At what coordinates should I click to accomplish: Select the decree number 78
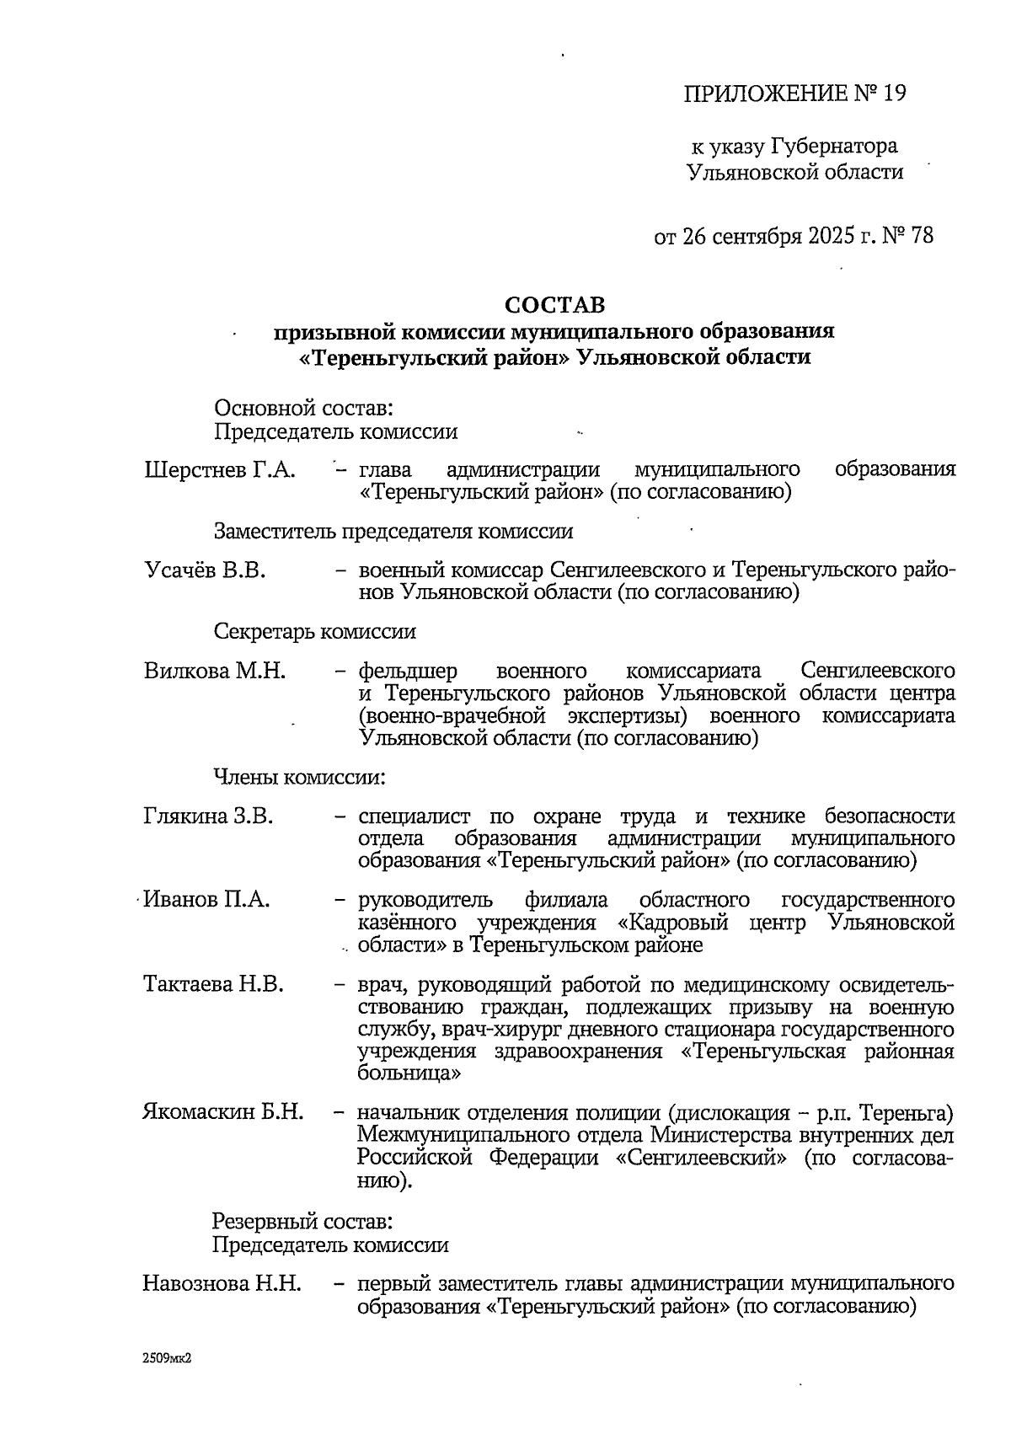point(922,235)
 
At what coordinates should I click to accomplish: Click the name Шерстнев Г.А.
point(220,469)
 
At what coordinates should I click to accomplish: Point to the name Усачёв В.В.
point(205,570)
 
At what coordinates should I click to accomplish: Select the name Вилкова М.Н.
point(215,672)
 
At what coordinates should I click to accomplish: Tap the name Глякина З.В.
point(208,816)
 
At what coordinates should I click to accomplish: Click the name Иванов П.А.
point(207,900)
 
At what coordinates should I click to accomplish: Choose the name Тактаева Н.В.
point(213,984)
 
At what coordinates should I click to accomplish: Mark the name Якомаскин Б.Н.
point(222,1112)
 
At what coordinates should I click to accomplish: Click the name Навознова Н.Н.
point(222,1284)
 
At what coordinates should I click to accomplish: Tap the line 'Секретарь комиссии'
point(314,631)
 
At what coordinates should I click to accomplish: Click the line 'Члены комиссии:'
point(299,777)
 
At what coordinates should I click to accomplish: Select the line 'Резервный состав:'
point(302,1221)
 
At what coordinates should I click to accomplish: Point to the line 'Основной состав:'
point(304,409)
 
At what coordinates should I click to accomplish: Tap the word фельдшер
point(408,672)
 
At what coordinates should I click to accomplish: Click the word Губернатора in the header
point(833,147)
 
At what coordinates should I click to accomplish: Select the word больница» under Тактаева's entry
point(409,1074)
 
